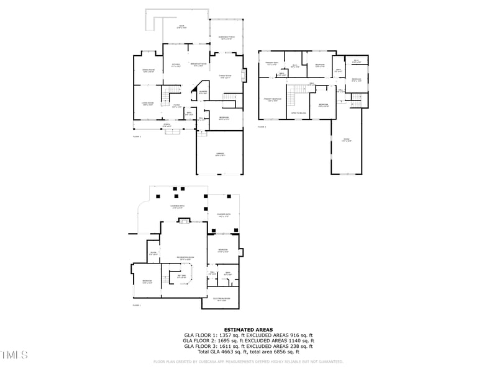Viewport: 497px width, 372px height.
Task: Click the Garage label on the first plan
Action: pyautogui.click(x=220, y=153)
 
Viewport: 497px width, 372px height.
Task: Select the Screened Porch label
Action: pyautogui.click(x=226, y=37)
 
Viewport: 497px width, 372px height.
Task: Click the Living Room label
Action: pyautogui.click(x=148, y=104)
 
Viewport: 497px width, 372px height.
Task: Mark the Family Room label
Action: pyautogui.click(x=224, y=76)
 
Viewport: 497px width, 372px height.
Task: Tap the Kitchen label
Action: pyautogui.click(x=176, y=66)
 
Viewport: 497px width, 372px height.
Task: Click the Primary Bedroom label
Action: pyautogui.click(x=272, y=99)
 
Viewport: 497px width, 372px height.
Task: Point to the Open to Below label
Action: pyautogui.click(x=299, y=113)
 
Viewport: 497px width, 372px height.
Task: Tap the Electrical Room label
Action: pyautogui.click(x=221, y=299)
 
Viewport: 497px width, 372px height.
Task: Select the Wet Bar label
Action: pyautogui.click(x=181, y=277)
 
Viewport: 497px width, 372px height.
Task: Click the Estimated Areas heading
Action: pyautogui.click(x=248, y=330)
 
